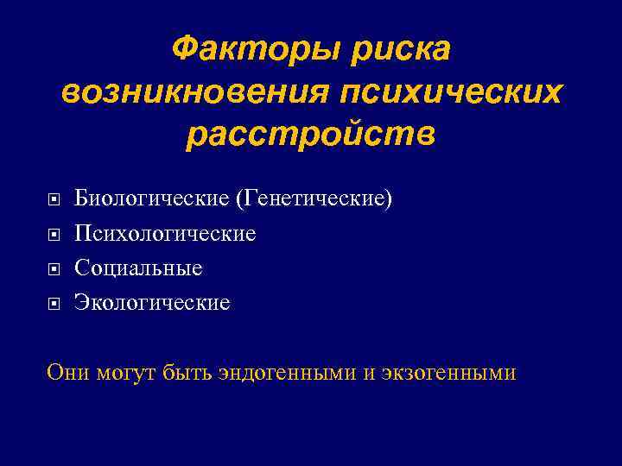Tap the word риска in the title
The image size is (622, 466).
pos(401,49)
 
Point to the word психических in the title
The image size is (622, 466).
pos(448,91)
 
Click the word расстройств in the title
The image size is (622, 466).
pos(311,135)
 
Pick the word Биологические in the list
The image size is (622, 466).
pos(151,199)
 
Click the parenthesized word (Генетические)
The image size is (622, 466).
pos(313,199)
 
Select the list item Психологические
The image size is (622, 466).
pos(165,234)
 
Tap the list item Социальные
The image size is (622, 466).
pos(138,268)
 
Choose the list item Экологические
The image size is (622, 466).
pos(152,303)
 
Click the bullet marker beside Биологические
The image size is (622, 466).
pos(54,200)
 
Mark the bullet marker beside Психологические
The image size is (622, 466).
pos(54,235)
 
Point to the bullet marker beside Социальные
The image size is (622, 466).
pos(54,269)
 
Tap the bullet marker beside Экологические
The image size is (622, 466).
pos(54,304)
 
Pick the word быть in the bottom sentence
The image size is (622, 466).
pos(187,372)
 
